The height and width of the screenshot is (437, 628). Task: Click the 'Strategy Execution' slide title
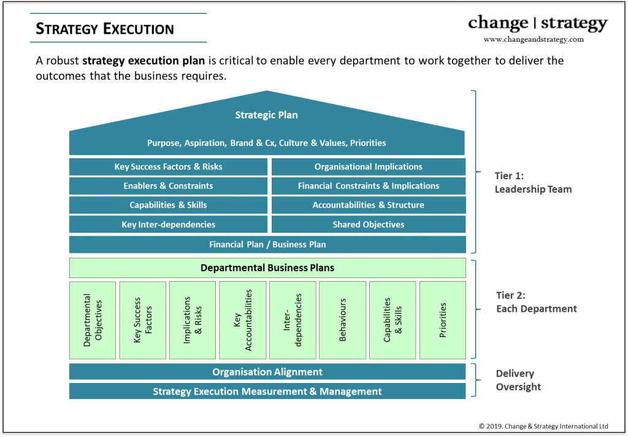coord(105,29)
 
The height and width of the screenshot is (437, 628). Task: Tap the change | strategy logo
coord(537,23)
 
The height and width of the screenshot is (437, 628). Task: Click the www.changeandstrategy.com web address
coord(534,39)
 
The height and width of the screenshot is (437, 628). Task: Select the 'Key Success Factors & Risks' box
coord(168,167)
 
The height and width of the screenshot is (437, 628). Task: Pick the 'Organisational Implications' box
coord(368,167)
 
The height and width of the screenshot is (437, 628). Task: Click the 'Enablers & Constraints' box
coord(168,186)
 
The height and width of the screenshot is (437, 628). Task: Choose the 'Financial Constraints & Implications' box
coord(368,186)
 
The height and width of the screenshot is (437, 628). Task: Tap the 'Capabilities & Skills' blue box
coord(168,205)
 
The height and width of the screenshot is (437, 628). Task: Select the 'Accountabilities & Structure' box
coord(368,205)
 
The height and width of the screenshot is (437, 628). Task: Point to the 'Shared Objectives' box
coord(368,225)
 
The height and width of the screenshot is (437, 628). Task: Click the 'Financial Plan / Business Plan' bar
coord(267,244)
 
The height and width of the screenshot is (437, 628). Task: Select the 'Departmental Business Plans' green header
coord(267,268)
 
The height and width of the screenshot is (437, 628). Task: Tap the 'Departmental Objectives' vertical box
coord(93,320)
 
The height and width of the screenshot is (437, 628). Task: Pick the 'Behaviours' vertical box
coord(343,320)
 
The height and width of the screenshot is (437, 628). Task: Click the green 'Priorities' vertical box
coord(443,320)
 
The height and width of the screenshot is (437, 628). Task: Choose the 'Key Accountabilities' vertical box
coord(243,320)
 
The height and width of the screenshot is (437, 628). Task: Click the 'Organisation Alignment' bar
coord(267,372)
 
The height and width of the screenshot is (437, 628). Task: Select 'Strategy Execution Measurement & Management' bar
coord(267,392)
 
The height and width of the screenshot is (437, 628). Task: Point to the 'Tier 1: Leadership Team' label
coord(532,183)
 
